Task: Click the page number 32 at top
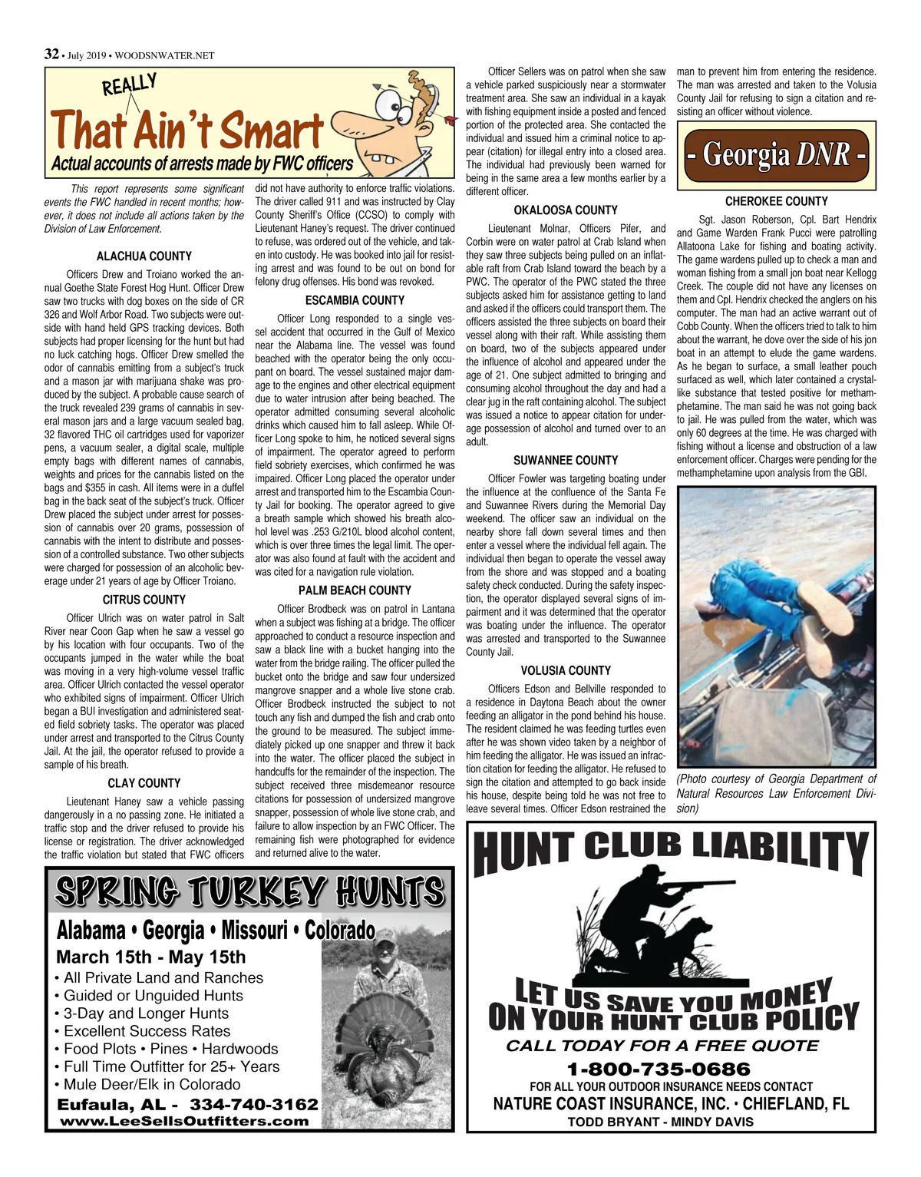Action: tap(51, 54)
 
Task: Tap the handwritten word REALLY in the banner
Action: tap(130, 84)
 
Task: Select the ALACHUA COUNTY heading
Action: tap(144, 256)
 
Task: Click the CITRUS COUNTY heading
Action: tap(144, 599)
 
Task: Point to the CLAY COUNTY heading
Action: tap(144, 782)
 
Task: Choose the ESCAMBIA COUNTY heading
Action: tap(355, 300)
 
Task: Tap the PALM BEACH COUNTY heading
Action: tap(355, 590)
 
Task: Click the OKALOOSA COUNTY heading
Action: tap(566, 210)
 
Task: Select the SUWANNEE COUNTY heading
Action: tap(566, 460)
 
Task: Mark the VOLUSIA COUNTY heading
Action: tap(566, 670)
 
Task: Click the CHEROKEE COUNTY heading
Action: tap(776, 201)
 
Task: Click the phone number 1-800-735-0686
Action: tap(669, 1069)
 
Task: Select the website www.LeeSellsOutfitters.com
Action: tap(185, 1121)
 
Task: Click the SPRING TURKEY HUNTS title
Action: tap(249, 891)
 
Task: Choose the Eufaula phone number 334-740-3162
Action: tap(253, 1104)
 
